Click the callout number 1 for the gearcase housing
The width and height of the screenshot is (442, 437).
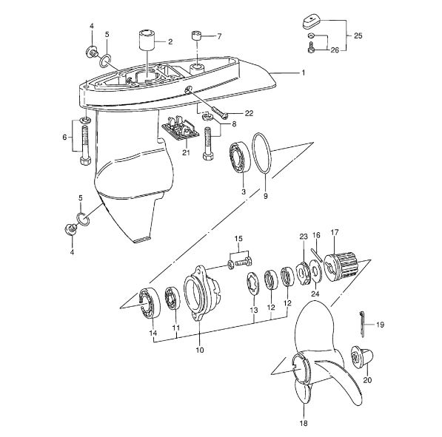(304, 72)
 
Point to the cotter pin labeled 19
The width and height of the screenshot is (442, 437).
(363, 324)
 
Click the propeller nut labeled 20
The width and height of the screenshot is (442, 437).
(362, 356)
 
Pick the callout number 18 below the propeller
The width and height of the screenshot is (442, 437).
(304, 423)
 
